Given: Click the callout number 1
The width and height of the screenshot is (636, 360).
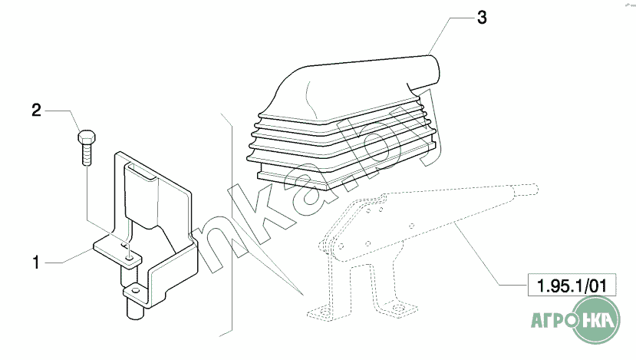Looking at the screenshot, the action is tap(36, 263).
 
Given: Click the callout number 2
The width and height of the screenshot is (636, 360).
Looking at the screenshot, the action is tap(37, 110).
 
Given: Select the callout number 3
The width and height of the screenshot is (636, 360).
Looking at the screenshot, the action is tap(482, 18).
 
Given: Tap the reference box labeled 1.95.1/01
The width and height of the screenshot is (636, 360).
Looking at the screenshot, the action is tap(572, 285).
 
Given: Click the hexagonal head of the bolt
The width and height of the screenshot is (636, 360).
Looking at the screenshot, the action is tap(87, 137).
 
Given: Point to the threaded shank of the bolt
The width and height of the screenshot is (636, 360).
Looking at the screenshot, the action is tap(87, 155).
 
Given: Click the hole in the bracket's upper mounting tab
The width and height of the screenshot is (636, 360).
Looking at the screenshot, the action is tap(130, 258).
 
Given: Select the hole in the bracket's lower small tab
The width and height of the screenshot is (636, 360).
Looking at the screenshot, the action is tap(136, 291).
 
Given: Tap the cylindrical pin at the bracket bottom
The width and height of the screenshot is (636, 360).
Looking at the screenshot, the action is tap(135, 309).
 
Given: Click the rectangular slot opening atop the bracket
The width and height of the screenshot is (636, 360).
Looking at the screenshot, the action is tap(140, 170).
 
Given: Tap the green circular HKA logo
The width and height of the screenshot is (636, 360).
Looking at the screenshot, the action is tap(596, 319).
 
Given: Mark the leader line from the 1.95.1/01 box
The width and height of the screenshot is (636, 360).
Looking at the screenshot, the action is tap(491, 253).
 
